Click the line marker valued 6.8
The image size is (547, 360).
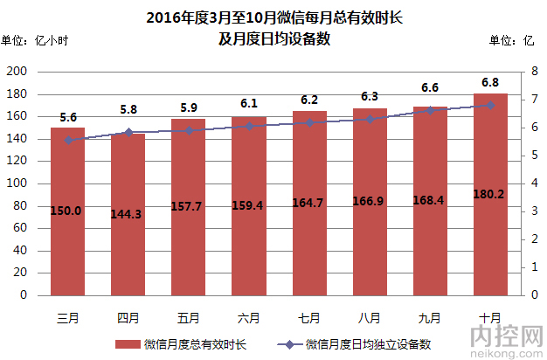click(490, 105)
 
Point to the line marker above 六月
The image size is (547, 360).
click(249, 126)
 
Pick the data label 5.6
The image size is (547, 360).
click(69, 117)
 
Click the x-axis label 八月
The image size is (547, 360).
click(370, 316)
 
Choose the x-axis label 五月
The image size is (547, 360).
click(188, 316)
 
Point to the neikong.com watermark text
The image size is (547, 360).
click(506, 353)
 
